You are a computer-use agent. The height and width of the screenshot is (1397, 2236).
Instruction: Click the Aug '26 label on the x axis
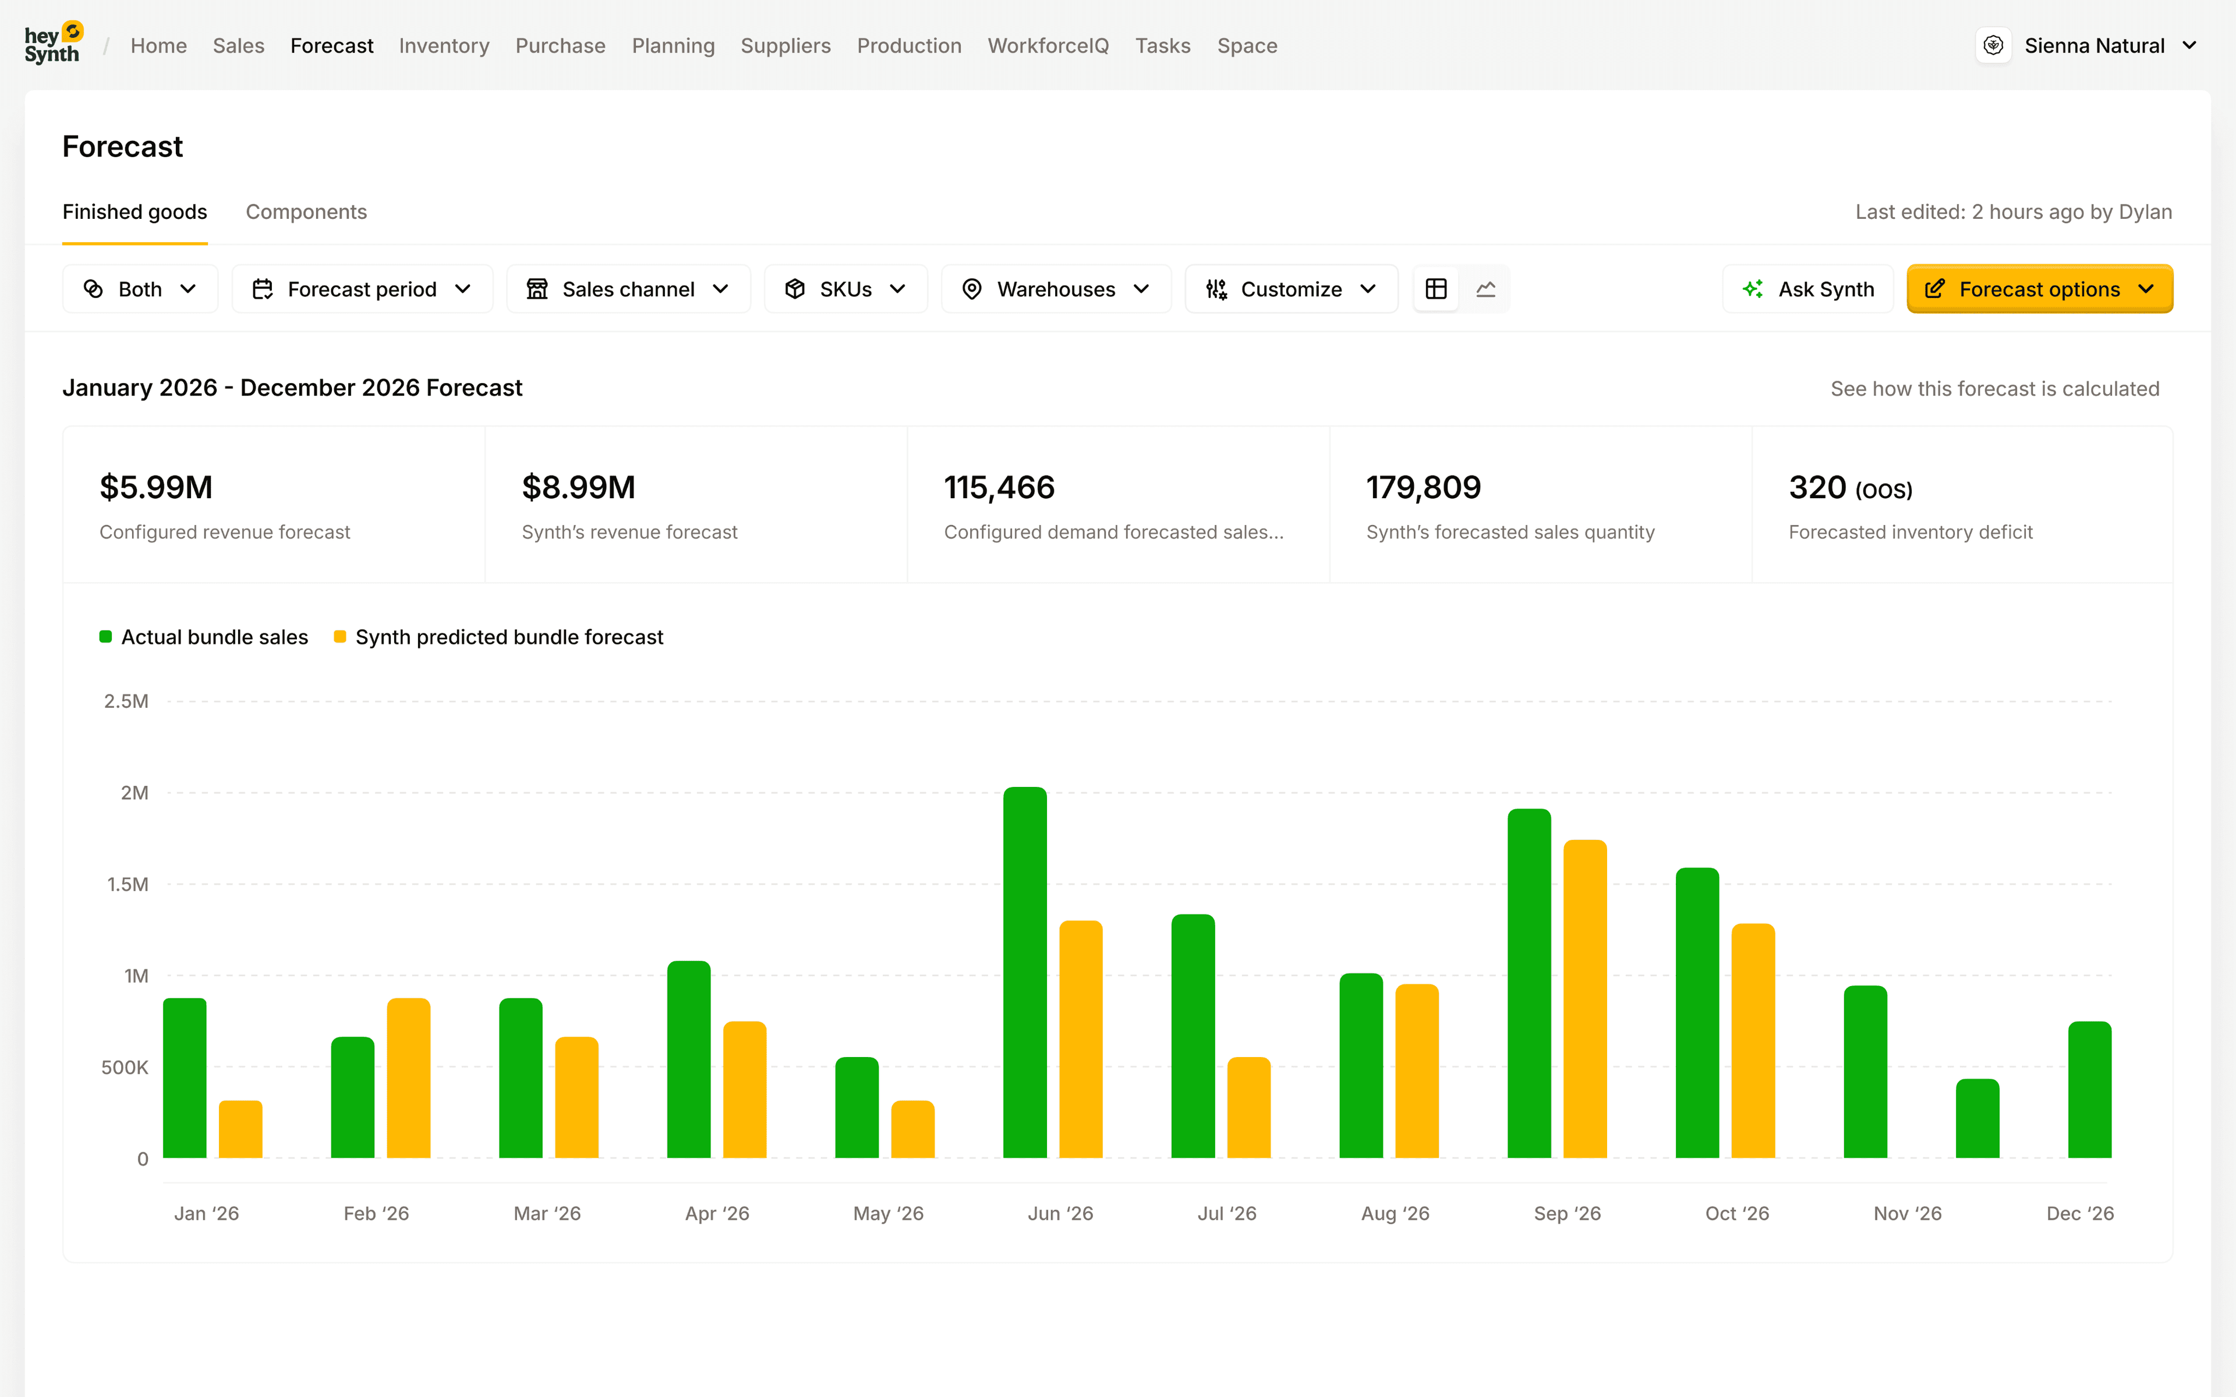(1394, 1213)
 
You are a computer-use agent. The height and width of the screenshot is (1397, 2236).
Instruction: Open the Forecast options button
(2039, 289)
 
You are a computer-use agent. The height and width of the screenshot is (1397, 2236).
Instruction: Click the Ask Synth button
(1807, 289)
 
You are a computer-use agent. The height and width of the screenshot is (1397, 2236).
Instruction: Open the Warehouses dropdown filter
(1055, 289)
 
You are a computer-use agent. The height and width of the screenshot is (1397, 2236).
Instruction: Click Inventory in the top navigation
(444, 45)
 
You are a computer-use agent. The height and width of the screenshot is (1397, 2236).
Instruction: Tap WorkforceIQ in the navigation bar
(1048, 45)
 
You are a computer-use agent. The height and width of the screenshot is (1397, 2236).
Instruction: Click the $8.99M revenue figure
(578, 487)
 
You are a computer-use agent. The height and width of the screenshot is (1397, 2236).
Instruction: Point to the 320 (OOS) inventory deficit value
(1850, 487)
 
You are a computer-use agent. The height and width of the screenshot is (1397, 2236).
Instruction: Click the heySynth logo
(52, 44)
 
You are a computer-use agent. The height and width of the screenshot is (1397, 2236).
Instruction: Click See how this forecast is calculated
(1994, 389)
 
